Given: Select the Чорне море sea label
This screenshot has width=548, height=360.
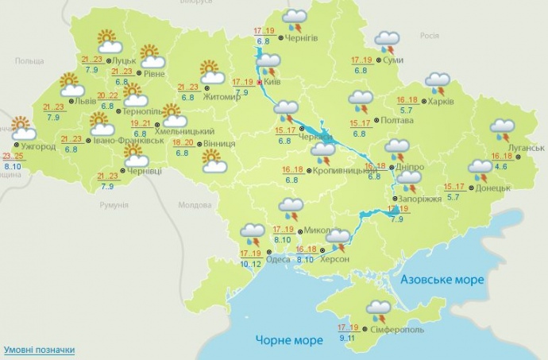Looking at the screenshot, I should click(289, 340).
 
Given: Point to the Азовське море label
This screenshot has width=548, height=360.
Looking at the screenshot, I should click(442, 280).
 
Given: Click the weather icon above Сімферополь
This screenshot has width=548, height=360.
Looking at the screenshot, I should click(377, 309).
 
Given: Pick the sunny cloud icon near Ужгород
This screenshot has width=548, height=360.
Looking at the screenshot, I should click(21, 129).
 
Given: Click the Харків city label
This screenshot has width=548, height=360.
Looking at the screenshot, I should click(442, 102).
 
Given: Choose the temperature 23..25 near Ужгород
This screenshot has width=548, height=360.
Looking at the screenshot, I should click(12, 156).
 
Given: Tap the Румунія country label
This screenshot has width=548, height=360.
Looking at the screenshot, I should click(114, 205).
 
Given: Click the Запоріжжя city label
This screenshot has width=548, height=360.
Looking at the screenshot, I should click(421, 199).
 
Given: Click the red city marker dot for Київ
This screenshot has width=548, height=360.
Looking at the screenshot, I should click(260, 81).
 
